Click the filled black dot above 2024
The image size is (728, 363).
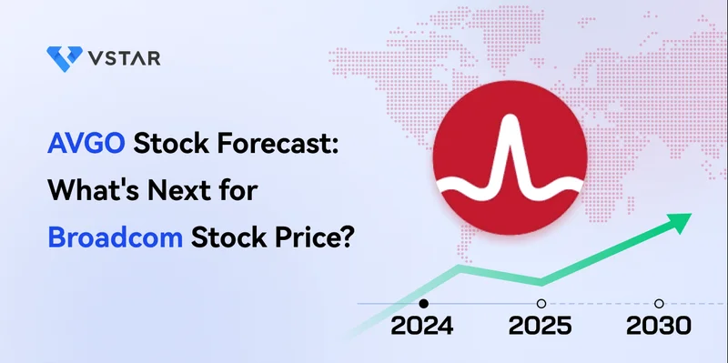[x=423, y=304]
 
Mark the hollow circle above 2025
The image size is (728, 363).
[x=541, y=304]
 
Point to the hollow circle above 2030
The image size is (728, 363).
[x=660, y=304]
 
